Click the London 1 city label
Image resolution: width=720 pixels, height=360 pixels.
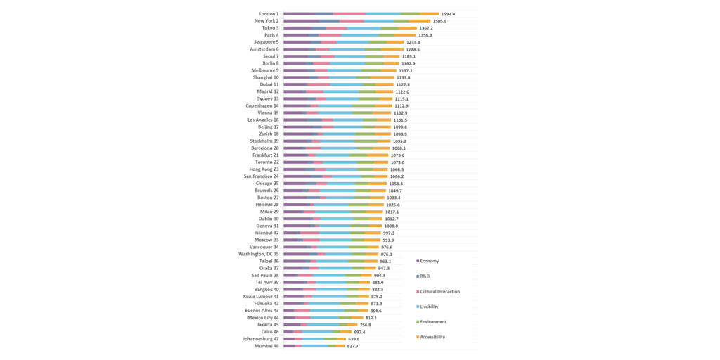[x=269, y=14]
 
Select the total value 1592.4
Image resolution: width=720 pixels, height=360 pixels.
[x=448, y=14]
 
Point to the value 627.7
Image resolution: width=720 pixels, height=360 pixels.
[x=352, y=346]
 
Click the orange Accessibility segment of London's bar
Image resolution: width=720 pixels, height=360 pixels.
[x=430, y=14]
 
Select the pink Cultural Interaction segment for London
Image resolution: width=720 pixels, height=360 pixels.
[x=349, y=14]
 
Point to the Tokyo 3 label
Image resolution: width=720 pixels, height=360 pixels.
[x=269, y=28]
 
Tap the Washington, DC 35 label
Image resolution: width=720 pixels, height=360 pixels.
[x=259, y=254]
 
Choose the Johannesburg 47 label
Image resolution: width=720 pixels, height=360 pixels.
[x=262, y=339]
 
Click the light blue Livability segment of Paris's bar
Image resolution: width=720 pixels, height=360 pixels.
[x=361, y=35]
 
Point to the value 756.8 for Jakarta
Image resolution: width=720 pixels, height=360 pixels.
[x=365, y=325]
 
